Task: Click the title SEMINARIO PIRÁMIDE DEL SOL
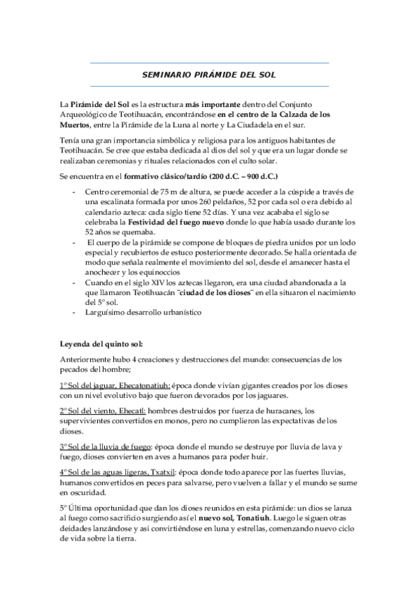coord(209,74)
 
